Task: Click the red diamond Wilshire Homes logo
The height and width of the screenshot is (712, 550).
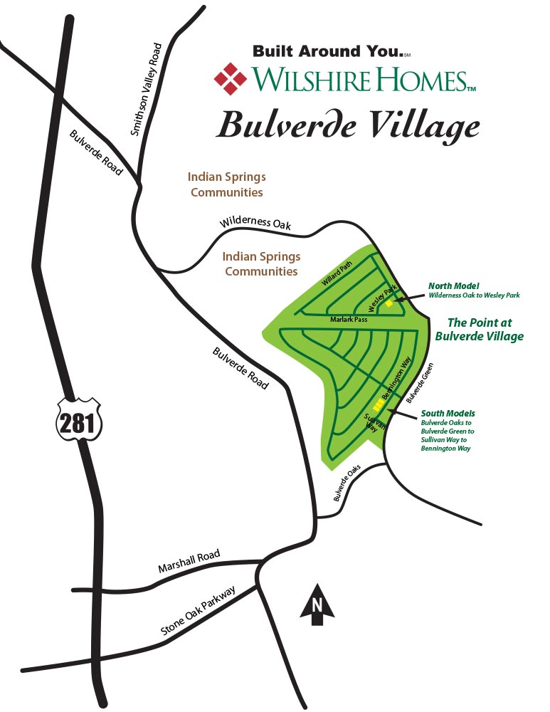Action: tap(230, 78)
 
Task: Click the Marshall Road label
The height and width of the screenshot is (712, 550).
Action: tap(189, 562)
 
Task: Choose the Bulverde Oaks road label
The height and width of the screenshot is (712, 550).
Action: tap(349, 483)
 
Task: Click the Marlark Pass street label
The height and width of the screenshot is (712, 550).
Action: tap(347, 320)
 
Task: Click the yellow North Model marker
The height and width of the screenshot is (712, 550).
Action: tap(389, 303)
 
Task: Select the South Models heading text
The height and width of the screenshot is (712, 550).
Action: tap(448, 413)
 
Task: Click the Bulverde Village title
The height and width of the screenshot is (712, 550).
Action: tap(348, 126)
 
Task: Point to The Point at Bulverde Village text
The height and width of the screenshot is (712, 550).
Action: tap(480, 329)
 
